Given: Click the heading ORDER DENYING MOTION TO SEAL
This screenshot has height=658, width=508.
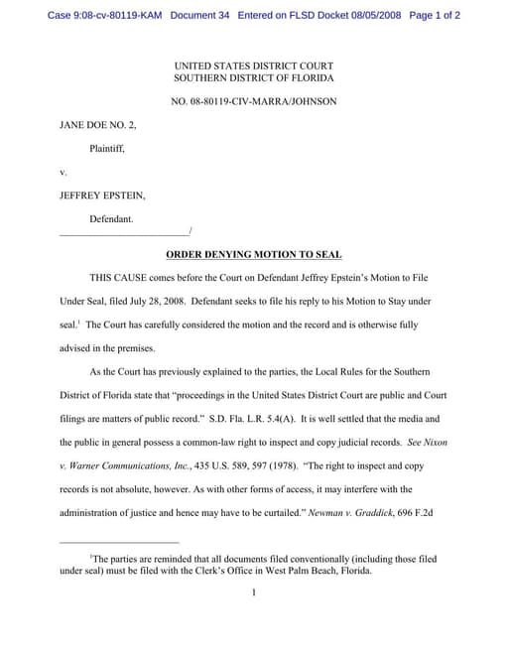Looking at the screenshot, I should pos(253,254).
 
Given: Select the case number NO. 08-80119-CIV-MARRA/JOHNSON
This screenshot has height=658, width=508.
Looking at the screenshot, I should pos(254,101).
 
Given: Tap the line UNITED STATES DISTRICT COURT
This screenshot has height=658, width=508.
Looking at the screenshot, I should pos(254,66).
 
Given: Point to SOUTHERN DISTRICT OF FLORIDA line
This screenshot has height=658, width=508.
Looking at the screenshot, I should pos(254,77).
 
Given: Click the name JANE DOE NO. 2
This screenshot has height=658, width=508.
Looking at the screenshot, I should pos(98,125).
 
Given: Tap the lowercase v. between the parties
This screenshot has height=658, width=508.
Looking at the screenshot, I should pos(63,172).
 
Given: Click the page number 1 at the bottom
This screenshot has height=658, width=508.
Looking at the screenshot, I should pos(254,592).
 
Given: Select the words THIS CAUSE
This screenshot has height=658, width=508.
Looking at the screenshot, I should pos(122,279).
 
